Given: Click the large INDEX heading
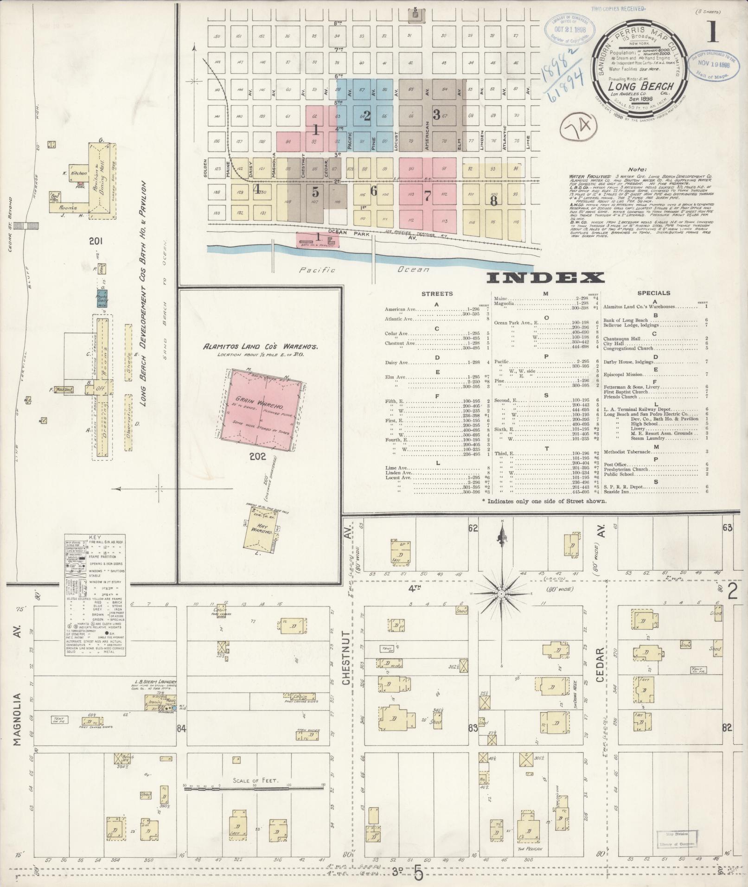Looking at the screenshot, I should click(x=546, y=278).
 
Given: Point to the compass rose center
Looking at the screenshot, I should click(x=501, y=593).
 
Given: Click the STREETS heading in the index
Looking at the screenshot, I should click(x=437, y=294).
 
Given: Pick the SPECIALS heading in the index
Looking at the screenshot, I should click(x=653, y=293).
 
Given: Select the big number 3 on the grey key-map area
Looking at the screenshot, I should click(x=436, y=115).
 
